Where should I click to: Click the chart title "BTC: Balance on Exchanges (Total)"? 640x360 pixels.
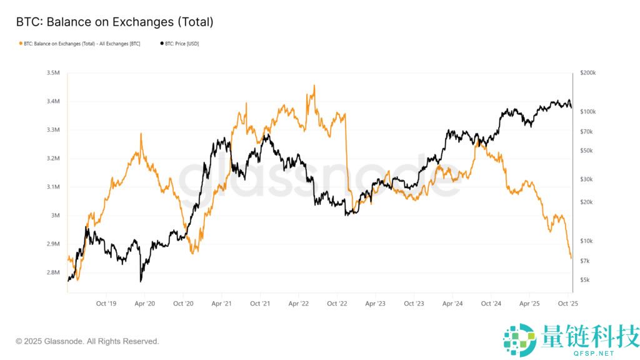114,22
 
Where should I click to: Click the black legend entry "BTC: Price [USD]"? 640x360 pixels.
180,44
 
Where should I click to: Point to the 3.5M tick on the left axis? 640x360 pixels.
53,73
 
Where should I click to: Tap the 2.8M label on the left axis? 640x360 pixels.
53,272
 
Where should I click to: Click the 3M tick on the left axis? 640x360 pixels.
56,216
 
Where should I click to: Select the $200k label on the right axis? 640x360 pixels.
588,73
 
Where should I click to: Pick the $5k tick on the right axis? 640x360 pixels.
585,280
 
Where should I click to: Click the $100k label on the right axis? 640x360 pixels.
588,112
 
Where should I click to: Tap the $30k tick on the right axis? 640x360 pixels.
586,179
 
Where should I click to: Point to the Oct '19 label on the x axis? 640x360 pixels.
106,304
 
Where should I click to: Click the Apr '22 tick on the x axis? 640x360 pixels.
299,304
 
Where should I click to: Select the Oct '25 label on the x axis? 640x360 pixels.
568,304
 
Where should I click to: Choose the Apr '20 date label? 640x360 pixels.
144,304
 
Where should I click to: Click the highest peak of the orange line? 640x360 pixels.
314,86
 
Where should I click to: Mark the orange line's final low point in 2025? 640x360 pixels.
571,257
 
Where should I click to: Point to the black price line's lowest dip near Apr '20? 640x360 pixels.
141,281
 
